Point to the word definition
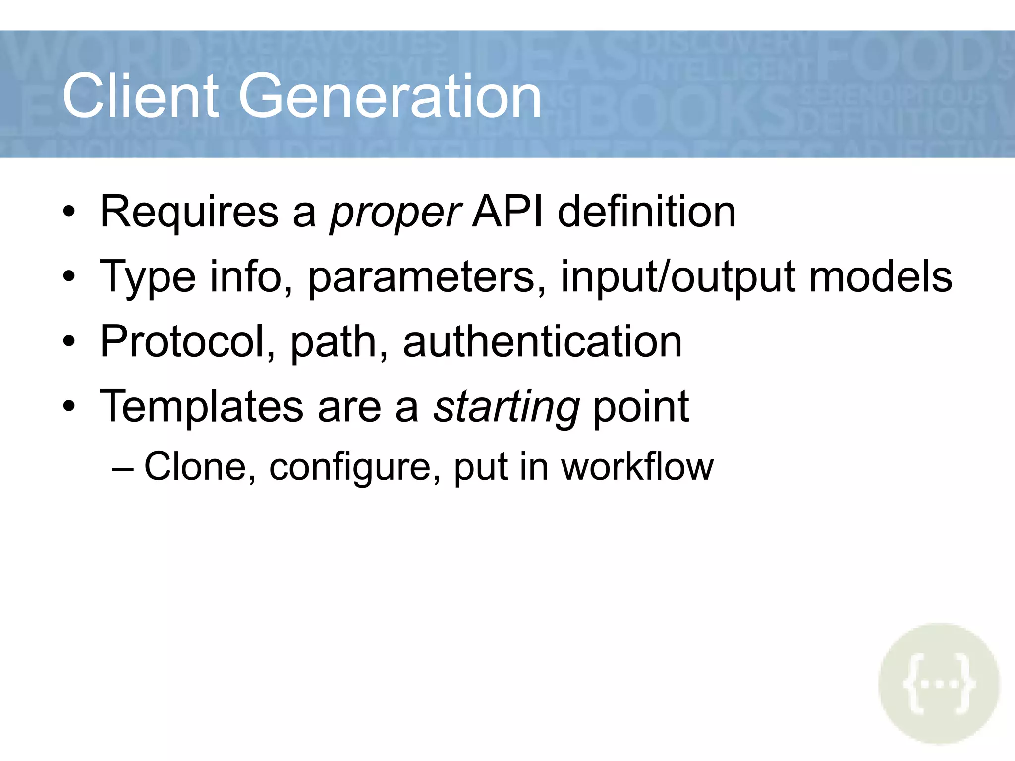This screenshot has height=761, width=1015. tap(646, 212)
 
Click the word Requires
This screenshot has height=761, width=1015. tap(189, 212)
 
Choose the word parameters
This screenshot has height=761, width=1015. tap(427, 277)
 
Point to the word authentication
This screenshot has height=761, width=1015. tap(542, 341)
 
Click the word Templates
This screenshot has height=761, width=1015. tap(201, 407)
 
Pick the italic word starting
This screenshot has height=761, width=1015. tap(506, 407)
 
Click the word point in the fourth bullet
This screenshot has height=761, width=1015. tap(640, 407)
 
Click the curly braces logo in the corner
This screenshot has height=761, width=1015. tap(939, 684)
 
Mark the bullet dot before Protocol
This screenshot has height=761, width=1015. tap(69, 342)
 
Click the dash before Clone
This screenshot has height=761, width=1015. tap(122, 468)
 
